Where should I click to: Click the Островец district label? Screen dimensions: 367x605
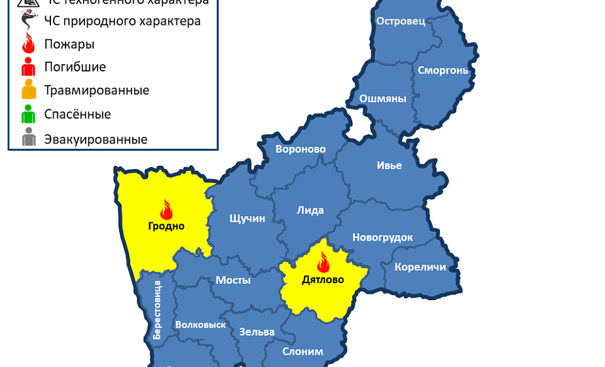point(401,21)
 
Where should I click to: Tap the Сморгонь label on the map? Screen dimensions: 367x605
point(443,69)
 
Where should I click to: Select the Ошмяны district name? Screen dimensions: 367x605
point(382,99)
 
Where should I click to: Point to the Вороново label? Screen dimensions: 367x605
point(301,149)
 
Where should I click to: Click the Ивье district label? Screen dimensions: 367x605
point(389,165)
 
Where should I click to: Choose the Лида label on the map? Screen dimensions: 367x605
point(310,210)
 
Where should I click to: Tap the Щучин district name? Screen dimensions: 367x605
point(247,218)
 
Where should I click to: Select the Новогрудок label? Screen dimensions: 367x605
point(382,237)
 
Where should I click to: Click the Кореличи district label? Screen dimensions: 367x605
point(420,267)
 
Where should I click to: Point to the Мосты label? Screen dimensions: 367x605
point(233,280)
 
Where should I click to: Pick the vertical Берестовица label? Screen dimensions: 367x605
point(157,309)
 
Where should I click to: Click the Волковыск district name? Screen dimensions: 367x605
point(200,324)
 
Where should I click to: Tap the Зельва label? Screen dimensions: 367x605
point(257,332)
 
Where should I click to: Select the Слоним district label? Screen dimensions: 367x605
point(302,351)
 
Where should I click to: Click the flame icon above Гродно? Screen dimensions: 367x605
point(166,210)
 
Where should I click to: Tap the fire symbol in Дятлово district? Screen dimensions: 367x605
point(323,263)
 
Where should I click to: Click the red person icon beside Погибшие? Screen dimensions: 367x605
point(28,67)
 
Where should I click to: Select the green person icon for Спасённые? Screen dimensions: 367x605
point(28,115)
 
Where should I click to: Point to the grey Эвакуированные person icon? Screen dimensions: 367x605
point(28,139)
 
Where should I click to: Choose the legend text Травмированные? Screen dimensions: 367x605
point(96,90)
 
